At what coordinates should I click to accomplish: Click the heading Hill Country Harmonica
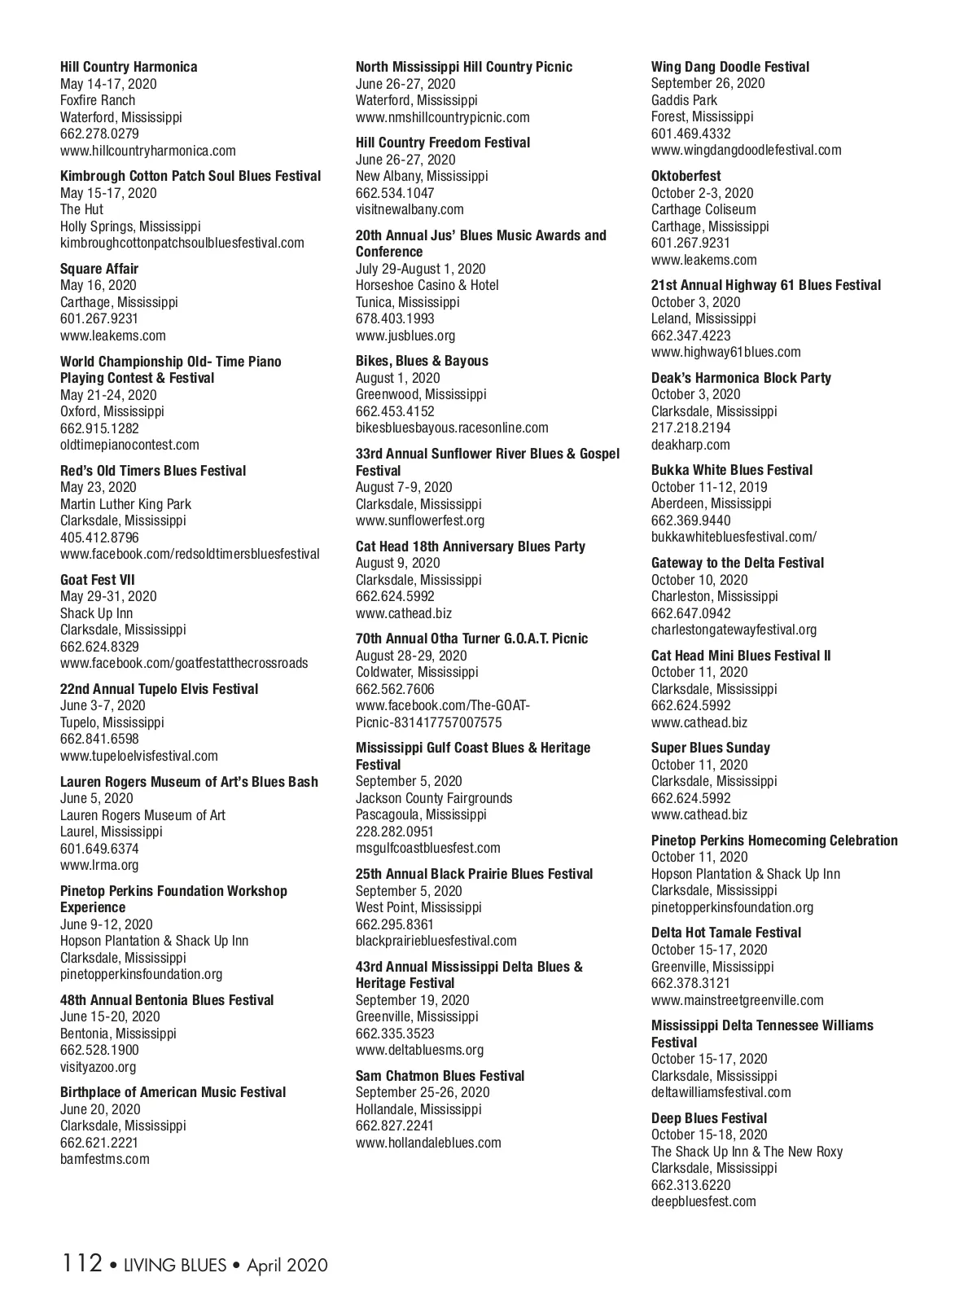pos(129,67)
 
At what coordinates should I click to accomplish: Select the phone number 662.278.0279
pos(99,134)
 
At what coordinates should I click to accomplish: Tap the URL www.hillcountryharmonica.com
pos(148,151)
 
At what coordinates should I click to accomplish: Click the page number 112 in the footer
pos(81,1264)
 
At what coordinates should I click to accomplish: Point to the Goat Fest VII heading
pos(98,580)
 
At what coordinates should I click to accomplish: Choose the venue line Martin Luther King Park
pos(125,504)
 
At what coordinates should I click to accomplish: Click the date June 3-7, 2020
pos(103,705)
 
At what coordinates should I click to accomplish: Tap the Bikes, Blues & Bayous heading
pos(422,361)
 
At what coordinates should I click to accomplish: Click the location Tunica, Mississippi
pos(408,302)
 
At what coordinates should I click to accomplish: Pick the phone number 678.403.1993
pos(395,318)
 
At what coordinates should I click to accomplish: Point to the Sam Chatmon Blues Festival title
pos(440,1076)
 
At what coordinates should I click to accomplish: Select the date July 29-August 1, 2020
pos(420,269)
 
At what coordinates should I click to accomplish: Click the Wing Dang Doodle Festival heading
pos(730,67)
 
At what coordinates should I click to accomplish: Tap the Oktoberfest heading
pos(686,176)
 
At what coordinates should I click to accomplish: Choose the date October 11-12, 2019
pos(709,487)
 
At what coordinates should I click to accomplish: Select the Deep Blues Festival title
pos(709,1118)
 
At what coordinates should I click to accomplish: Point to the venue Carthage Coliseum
pos(703,209)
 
